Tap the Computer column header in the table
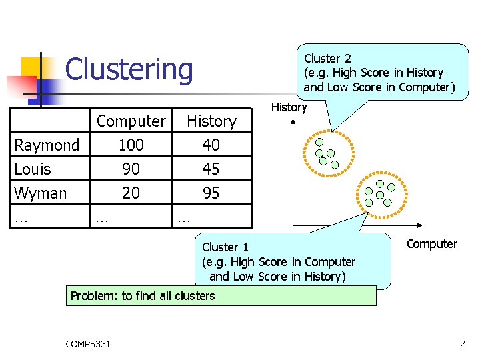coord(131,121)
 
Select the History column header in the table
coord(211,121)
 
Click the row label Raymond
coord(47,145)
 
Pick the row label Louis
coord(33,169)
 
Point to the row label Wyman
coord(41,193)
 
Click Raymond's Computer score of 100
coord(131,145)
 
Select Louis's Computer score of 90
coord(131,169)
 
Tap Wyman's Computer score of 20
coord(131,193)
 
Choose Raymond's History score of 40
coord(211,145)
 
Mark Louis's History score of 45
coord(211,169)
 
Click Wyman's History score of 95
coord(211,193)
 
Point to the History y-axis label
coord(289,107)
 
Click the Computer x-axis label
coord(432,244)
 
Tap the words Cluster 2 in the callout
coord(327,59)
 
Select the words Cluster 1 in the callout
coord(225,247)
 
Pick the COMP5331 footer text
coord(88,344)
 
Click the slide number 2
coord(462,344)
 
